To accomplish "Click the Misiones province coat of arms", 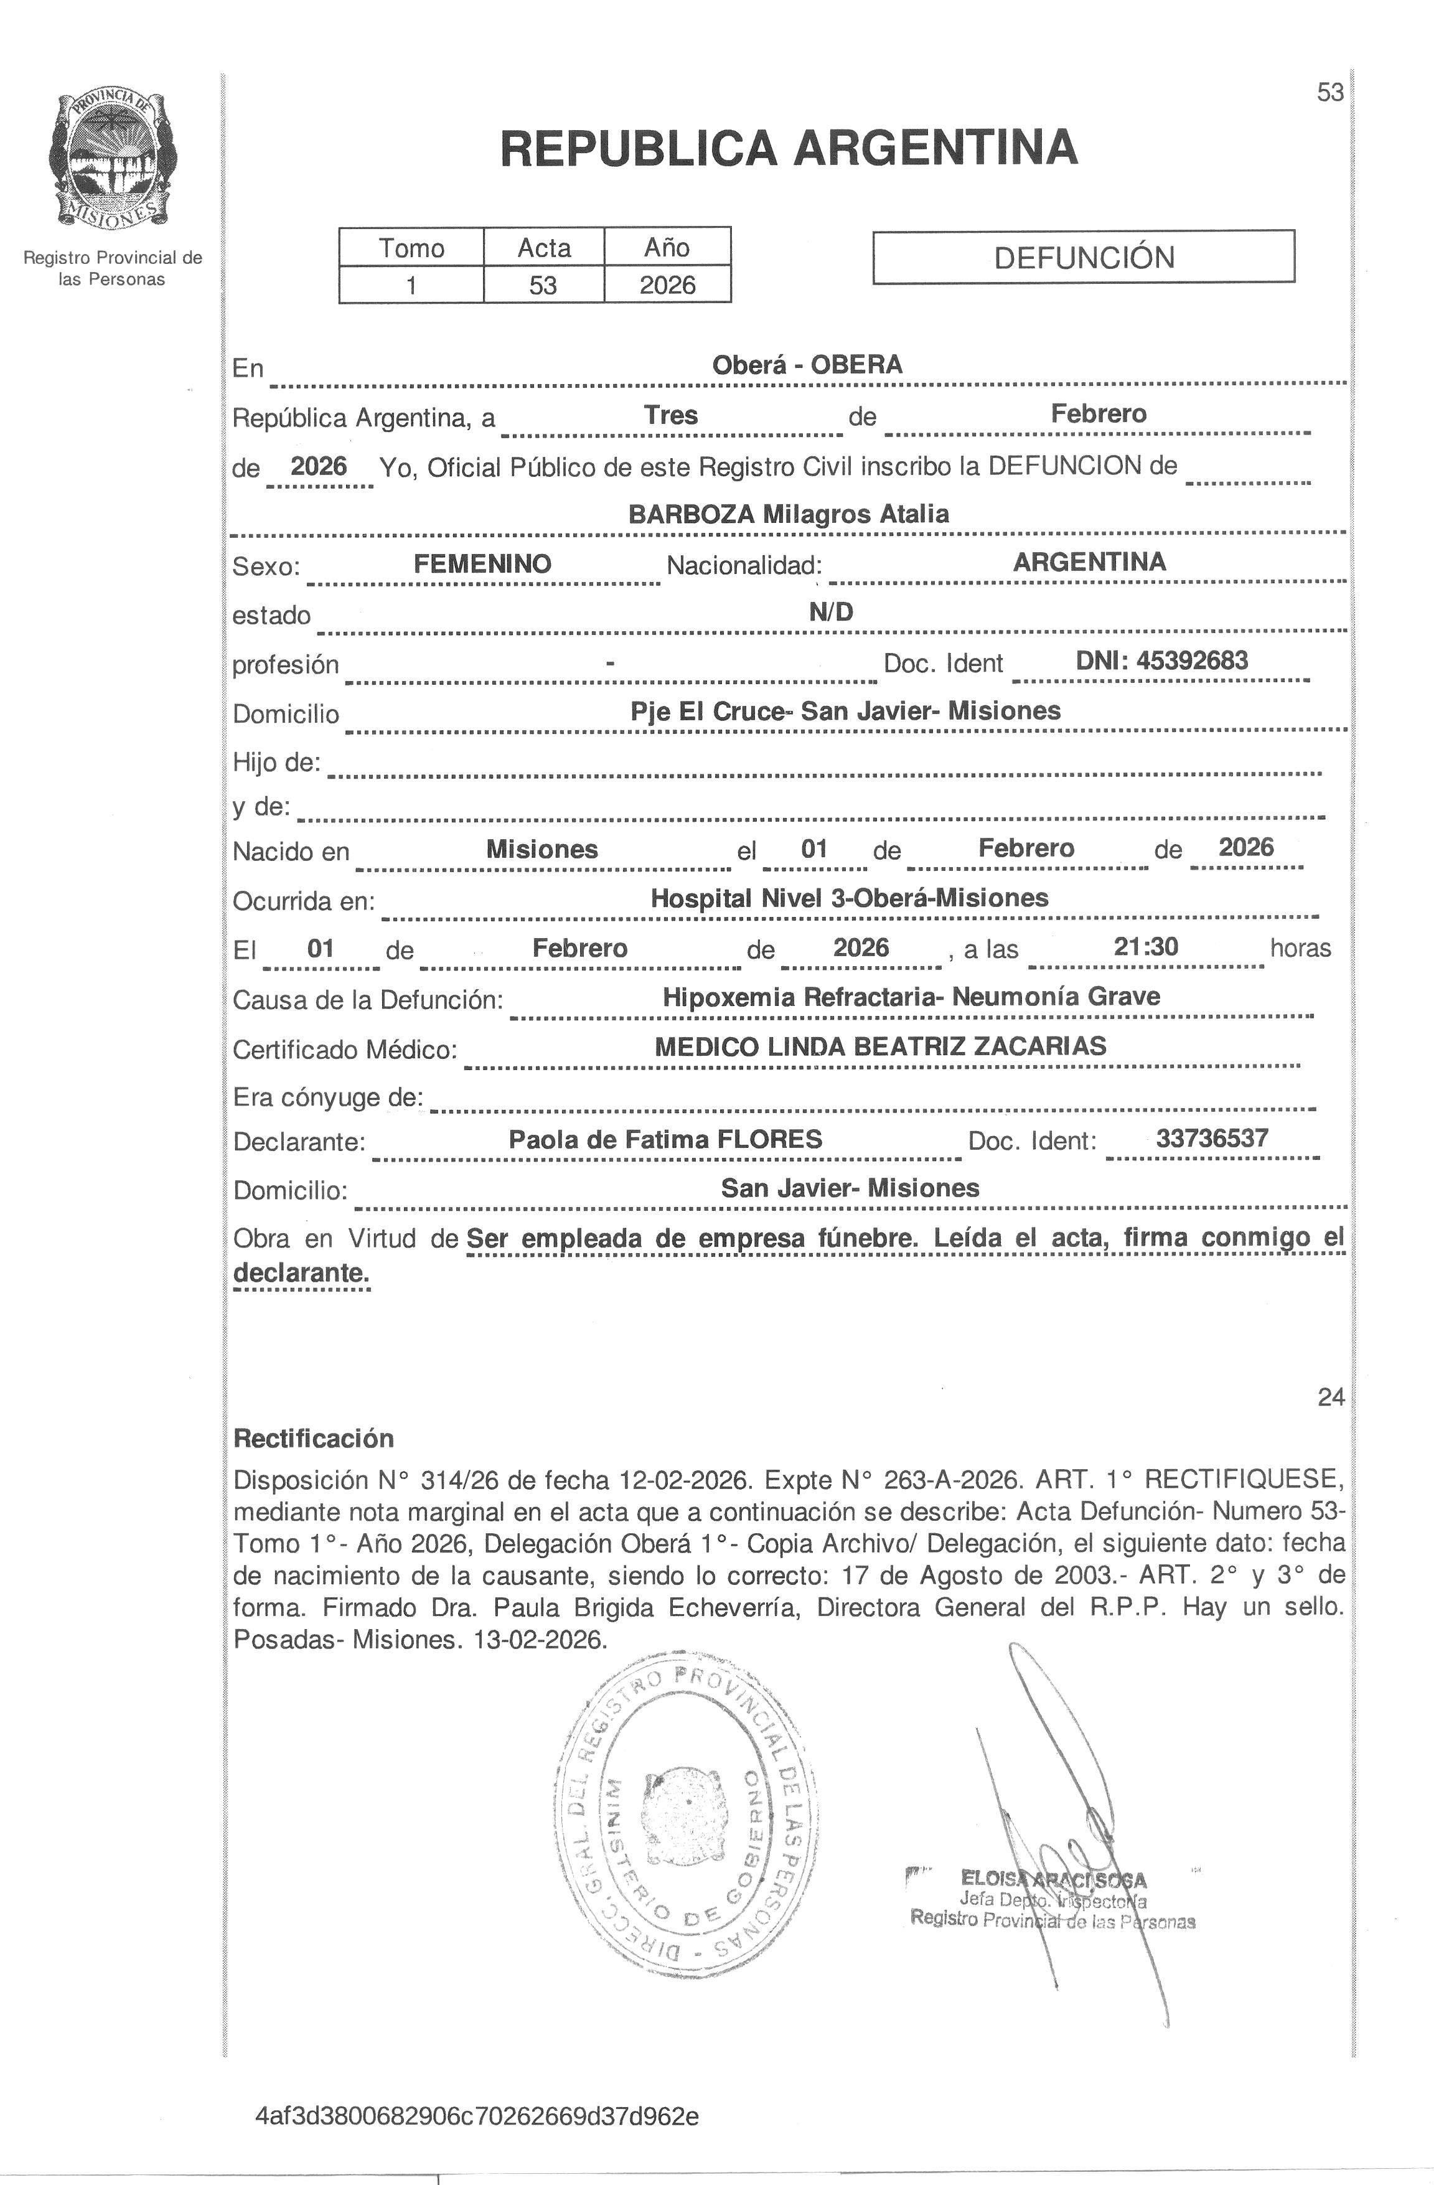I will point(112,159).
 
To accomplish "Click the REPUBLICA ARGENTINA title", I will point(789,148).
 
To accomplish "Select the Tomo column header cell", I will point(411,247).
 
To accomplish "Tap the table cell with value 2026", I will point(667,284).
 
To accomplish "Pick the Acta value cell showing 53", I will point(543,284).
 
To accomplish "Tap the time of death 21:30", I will point(1146,947).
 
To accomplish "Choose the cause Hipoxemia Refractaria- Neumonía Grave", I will point(911,996).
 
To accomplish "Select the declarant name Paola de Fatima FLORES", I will point(665,1139).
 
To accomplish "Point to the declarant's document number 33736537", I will point(1212,1139).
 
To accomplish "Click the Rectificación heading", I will point(313,1438).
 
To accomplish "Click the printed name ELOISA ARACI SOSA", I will point(1054,1879).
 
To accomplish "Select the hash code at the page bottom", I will point(477,2116).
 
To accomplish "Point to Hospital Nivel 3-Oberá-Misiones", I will point(849,898).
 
